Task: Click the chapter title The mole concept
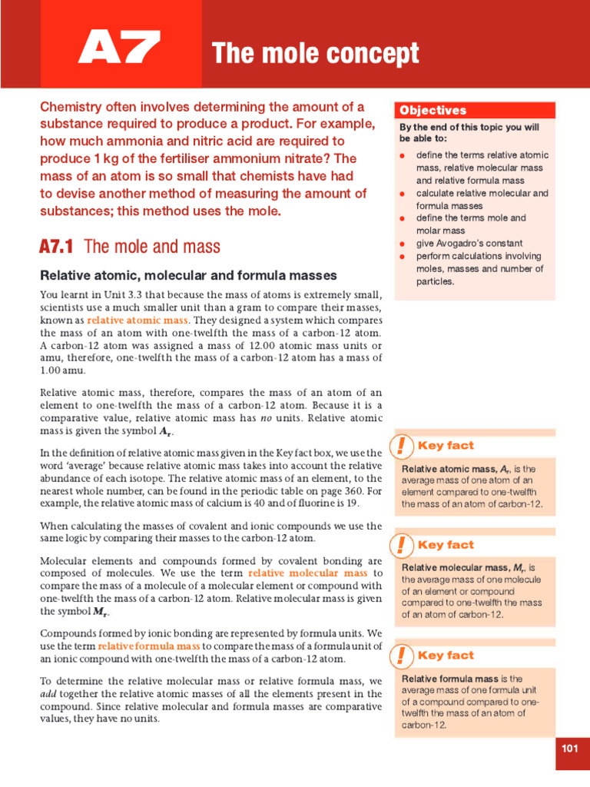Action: coord(315,54)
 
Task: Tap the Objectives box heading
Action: coord(433,111)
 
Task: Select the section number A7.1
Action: coord(57,247)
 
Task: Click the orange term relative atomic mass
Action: coord(138,320)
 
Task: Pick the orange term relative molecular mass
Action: coord(308,573)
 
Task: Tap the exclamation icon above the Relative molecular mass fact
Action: coord(401,546)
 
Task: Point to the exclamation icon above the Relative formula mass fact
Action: coord(401,656)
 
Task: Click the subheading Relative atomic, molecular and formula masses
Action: coord(188,275)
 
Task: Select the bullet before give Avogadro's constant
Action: coord(403,244)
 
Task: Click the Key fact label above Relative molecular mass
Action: coord(446,545)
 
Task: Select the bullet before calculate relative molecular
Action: coord(403,194)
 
